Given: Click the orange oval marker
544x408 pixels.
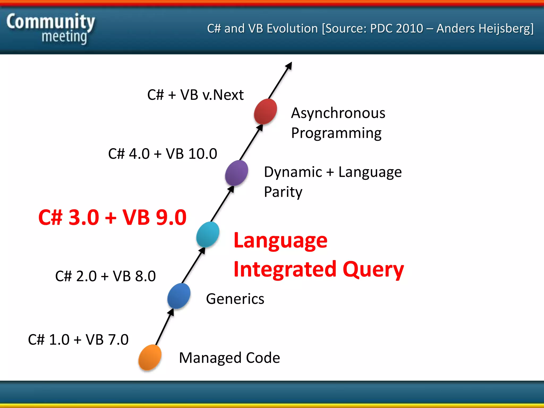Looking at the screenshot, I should click(x=150, y=357).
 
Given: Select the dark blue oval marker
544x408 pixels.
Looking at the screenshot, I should click(x=179, y=296).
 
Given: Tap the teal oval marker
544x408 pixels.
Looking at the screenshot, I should click(x=208, y=235).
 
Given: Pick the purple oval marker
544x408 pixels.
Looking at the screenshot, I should click(x=236, y=173).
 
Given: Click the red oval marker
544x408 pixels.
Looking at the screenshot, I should click(x=265, y=111).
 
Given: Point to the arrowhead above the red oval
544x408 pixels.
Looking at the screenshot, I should click(x=289, y=66).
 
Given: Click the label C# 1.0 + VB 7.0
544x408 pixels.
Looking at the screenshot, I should click(x=78, y=339).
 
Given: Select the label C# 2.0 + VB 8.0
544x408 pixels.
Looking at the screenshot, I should click(x=105, y=276).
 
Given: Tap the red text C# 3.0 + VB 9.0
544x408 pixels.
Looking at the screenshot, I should click(x=112, y=217).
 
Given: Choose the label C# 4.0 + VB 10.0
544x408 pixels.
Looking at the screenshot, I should click(x=163, y=154).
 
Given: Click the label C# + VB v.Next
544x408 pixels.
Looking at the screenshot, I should click(x=195, y=95).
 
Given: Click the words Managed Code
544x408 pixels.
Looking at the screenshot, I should click(x=229, y=358).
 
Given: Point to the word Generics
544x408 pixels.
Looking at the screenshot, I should click(x=235, y=299).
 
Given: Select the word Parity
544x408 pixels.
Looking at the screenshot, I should click(x=283, y=192).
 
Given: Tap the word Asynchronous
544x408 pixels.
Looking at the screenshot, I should click(x=338, y=113).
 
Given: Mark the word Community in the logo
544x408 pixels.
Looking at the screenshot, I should click(x=50, y=22).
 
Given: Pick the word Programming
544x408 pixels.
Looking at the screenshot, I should click(x=336, y=133).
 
